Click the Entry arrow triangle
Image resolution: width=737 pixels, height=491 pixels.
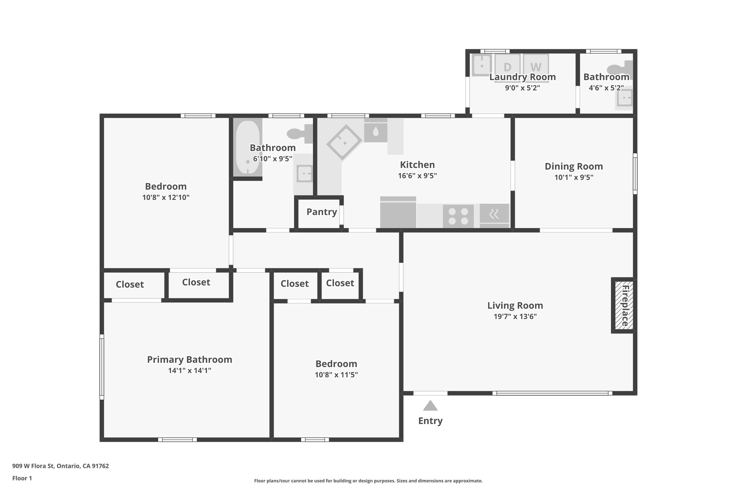(430, 406)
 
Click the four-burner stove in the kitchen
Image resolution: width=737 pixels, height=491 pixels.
(458, 216)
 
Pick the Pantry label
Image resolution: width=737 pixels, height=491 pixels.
(322, 212)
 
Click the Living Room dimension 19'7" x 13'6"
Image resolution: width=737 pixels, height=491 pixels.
(515, 317)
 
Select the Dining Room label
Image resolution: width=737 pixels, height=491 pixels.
(574, 167)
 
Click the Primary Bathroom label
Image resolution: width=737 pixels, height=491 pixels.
(189, 360)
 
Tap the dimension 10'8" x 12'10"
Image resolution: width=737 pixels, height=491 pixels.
(166, 197)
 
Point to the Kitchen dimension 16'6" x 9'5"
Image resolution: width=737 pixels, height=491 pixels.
(417, 176)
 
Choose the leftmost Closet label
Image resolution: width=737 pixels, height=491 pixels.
(130, 285)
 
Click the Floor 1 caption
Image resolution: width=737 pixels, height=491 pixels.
(22, 478)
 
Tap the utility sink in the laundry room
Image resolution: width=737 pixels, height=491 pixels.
(481, 65)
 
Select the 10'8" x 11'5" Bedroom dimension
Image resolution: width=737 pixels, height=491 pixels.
(336, 375)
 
